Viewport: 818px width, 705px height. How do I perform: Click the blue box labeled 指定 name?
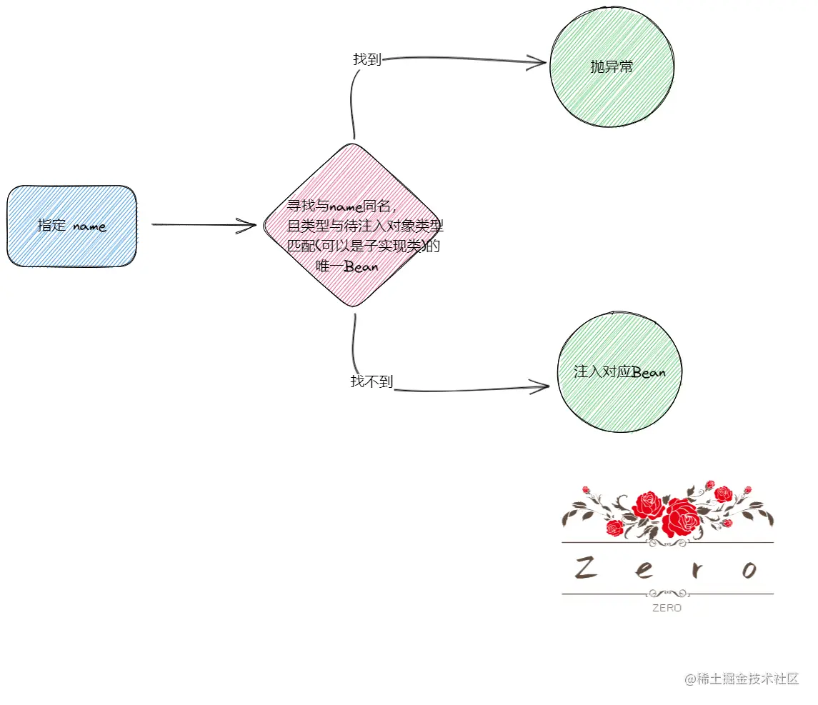71,226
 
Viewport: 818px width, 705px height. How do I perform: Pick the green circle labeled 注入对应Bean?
619,372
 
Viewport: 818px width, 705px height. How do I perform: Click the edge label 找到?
366,59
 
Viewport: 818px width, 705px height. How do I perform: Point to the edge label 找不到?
371,381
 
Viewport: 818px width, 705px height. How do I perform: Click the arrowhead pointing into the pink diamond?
250,226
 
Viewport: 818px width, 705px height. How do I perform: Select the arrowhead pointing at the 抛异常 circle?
540,62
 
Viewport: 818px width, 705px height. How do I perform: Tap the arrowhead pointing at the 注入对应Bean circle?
543,388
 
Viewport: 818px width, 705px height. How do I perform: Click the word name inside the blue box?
89,227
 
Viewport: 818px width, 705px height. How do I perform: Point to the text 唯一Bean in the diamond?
346,266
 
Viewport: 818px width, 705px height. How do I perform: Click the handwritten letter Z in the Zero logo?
587,569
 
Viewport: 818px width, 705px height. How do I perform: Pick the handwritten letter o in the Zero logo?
749,570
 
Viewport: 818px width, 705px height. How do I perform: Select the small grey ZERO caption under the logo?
667,609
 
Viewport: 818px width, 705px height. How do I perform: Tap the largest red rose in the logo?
681,518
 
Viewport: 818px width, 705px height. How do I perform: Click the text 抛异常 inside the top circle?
612,67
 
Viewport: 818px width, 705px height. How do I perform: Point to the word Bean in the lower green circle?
649,373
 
